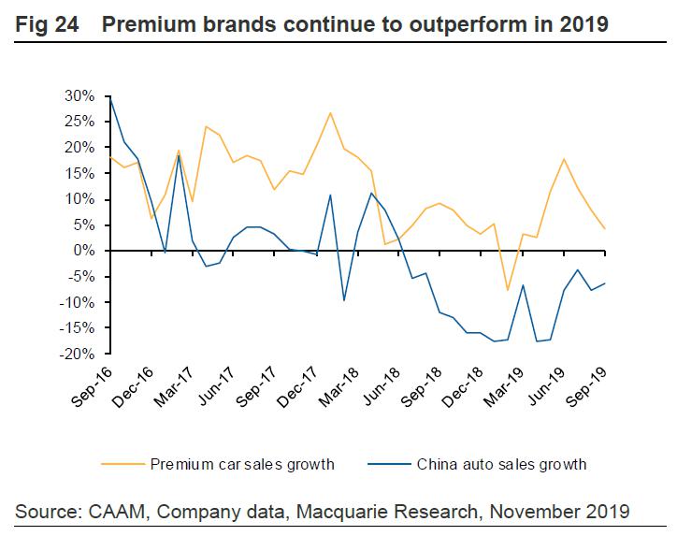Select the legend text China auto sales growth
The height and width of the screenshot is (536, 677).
click(x=501, y=463)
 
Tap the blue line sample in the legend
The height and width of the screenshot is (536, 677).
click(x=387, y=463)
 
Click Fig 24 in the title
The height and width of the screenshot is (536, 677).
click(x=46, y=24)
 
